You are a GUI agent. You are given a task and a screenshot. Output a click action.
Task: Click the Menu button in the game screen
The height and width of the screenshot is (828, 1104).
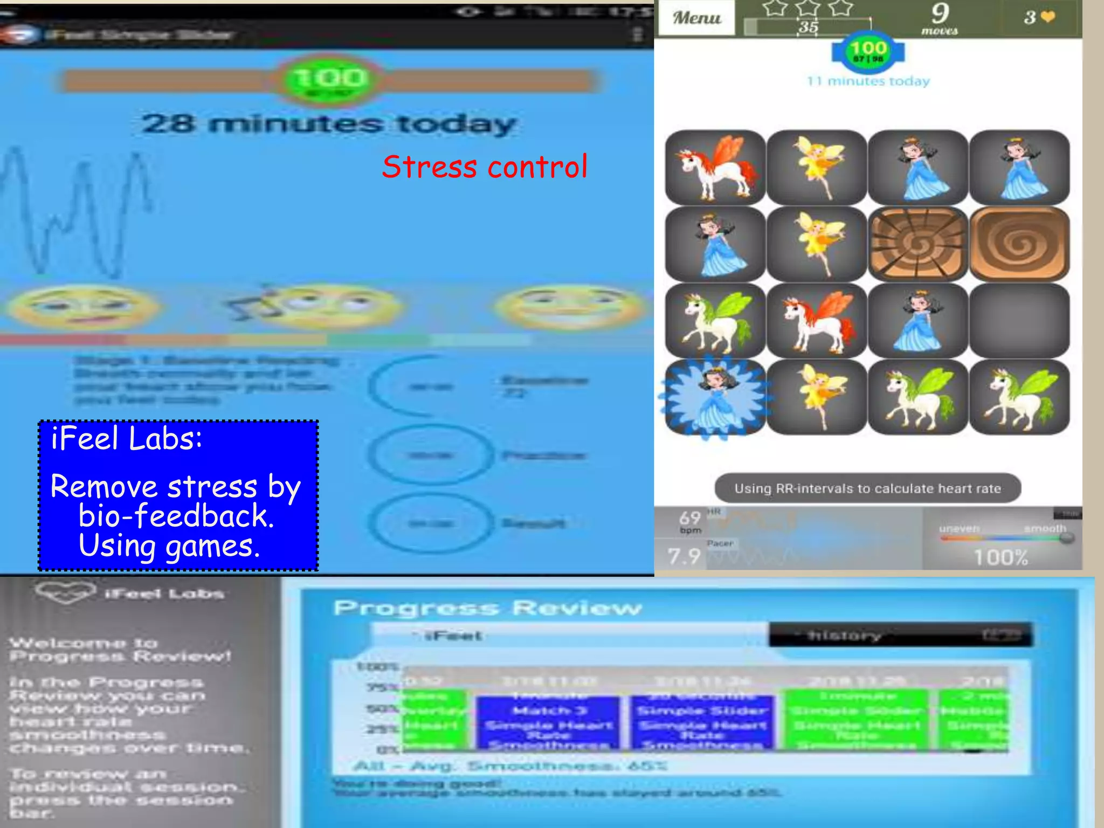click(696, 18)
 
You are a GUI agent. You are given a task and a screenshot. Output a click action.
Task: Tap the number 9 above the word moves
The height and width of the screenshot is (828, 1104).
click(940, 13)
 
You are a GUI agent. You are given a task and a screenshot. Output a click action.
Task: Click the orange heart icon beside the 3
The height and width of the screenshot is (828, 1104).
click(1048, 17)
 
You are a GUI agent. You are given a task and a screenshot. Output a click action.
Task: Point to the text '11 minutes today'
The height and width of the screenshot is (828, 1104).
click(868, 81)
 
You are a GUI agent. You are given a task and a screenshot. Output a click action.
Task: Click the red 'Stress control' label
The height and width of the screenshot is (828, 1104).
click(484, 167)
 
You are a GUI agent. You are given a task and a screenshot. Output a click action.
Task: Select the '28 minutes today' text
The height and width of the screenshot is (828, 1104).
click(329, 124)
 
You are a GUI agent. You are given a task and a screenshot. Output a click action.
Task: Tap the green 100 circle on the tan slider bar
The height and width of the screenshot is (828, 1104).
click(330, 79)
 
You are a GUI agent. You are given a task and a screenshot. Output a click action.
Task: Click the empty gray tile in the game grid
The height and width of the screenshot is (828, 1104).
click(1019, 321)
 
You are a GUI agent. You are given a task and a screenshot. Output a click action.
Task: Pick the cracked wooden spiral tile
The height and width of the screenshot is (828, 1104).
click(917, 244)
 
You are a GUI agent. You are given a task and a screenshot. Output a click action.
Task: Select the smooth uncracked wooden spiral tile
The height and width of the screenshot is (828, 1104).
click(1019, 244)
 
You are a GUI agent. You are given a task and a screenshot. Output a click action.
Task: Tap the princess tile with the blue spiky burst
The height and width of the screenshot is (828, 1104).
click(715, 397)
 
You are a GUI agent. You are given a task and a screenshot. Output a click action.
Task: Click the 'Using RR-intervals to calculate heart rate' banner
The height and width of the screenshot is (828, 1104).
click(867, 488)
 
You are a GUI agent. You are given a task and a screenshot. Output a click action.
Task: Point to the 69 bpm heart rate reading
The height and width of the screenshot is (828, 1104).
click(690, 521)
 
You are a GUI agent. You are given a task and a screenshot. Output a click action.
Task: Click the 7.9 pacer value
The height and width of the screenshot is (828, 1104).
click(684, 556)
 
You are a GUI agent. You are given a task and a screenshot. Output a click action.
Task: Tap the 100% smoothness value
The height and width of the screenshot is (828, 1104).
click(1000, 557)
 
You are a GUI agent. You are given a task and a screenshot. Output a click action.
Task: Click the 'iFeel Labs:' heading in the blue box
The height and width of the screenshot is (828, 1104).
click(127, 438)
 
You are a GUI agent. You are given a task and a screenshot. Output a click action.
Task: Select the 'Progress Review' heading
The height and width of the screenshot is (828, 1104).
click(487, 608)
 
